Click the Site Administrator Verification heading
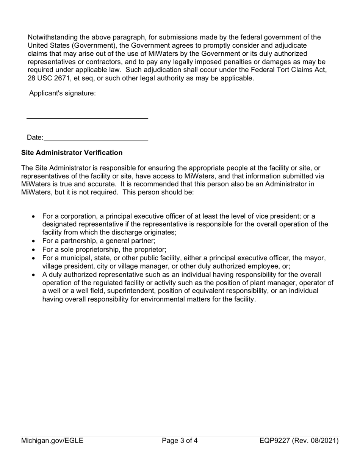pyautogui.click(x=72, y=153)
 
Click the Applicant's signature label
pyautogui.click(x=63, y=93)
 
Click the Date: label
pyautogui.click(x=35, y=138)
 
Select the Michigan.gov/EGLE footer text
pyautogui.click(x=52, y=441)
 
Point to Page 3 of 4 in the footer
pyautogui.click(x=180, y=441)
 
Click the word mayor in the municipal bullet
pyautogui.click(x=315, y=258)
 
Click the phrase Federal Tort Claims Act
pyautogui.click(x=288, y=70)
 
